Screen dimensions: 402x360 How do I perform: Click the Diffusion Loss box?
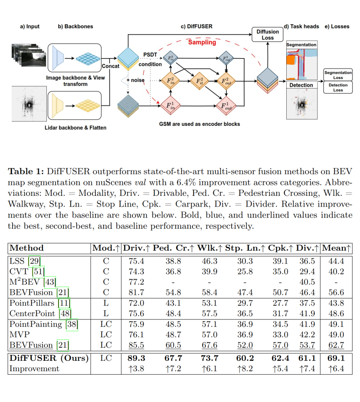(x=268, y=35)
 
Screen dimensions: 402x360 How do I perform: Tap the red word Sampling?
(x=202, y=43)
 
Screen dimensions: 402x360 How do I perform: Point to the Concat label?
(x=111, y=66)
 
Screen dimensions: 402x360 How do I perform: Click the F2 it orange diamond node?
(x=199, y=81)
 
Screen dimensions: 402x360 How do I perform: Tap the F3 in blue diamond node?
(x=170, y=58)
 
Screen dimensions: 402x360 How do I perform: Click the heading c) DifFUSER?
(x=196, y=26)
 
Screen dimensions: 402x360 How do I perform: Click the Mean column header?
(x=336, y=248)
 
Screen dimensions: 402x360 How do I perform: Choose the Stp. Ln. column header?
(x=245, y=248)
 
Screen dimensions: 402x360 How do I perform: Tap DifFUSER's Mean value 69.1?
(x=336, y=358)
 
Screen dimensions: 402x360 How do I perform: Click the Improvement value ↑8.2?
(x=245, y=369)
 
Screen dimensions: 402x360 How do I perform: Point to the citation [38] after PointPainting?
(x=71, y=324)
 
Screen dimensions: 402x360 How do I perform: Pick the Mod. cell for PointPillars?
(x=106, y=303)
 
